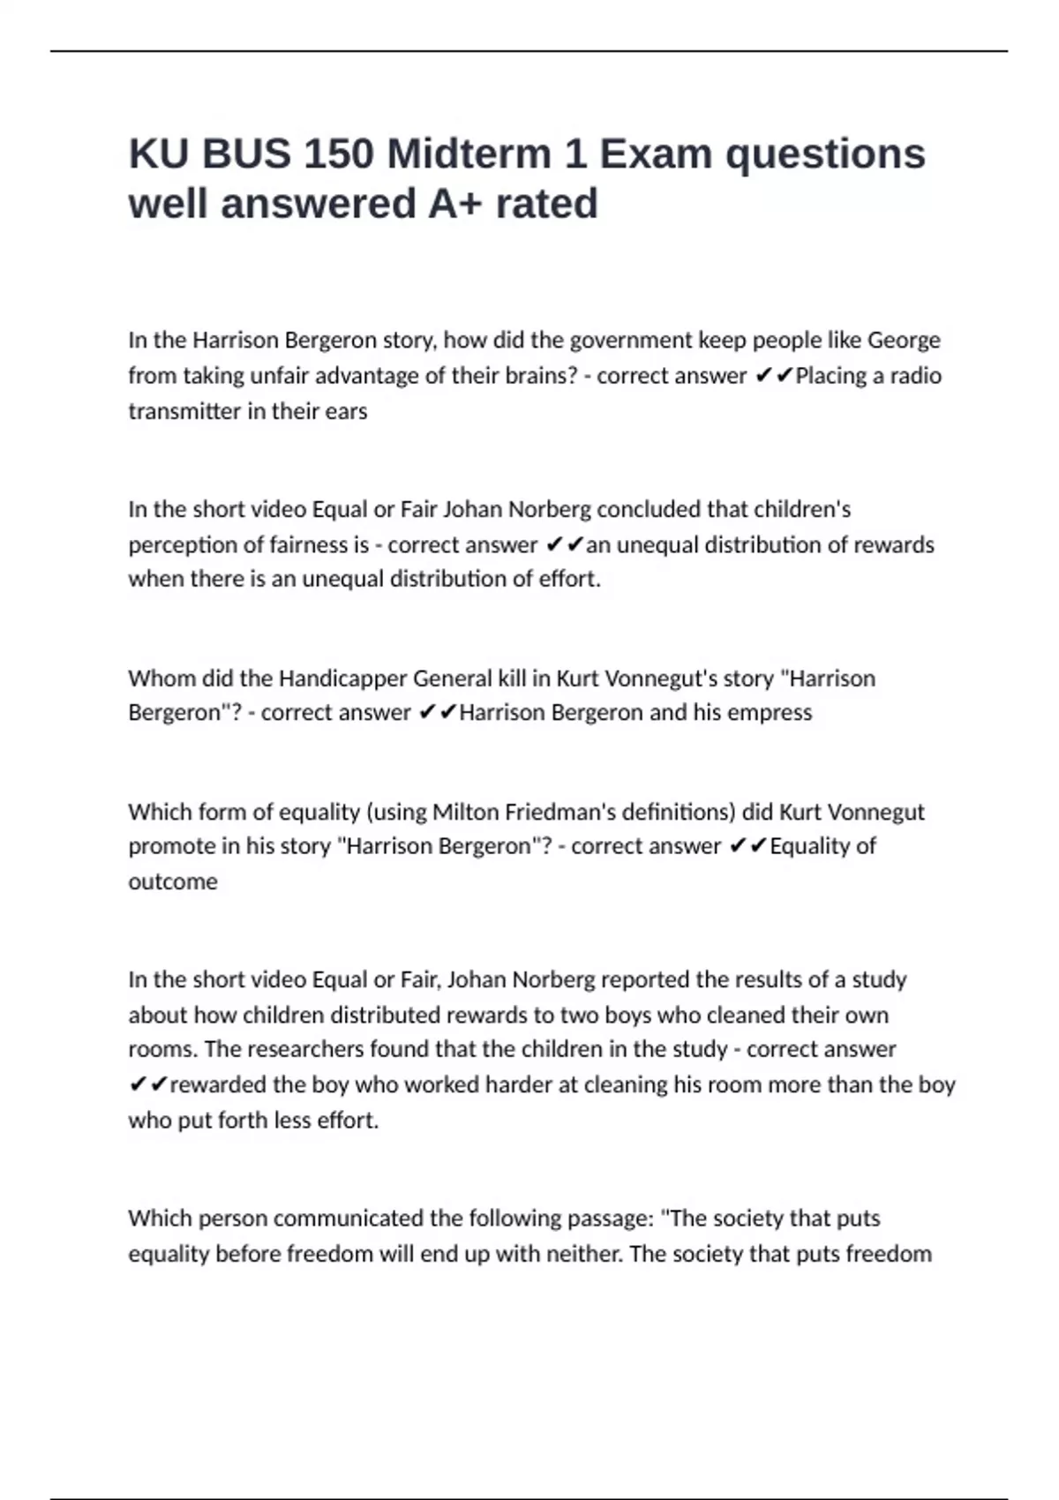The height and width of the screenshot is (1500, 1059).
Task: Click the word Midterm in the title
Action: (469, 154)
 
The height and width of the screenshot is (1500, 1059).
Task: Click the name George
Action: (904, 341)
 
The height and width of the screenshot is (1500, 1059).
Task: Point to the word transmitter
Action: (186, 411)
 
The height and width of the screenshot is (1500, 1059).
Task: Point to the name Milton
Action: (464, 812)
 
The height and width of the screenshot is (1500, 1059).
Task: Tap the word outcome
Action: (173, 881)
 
